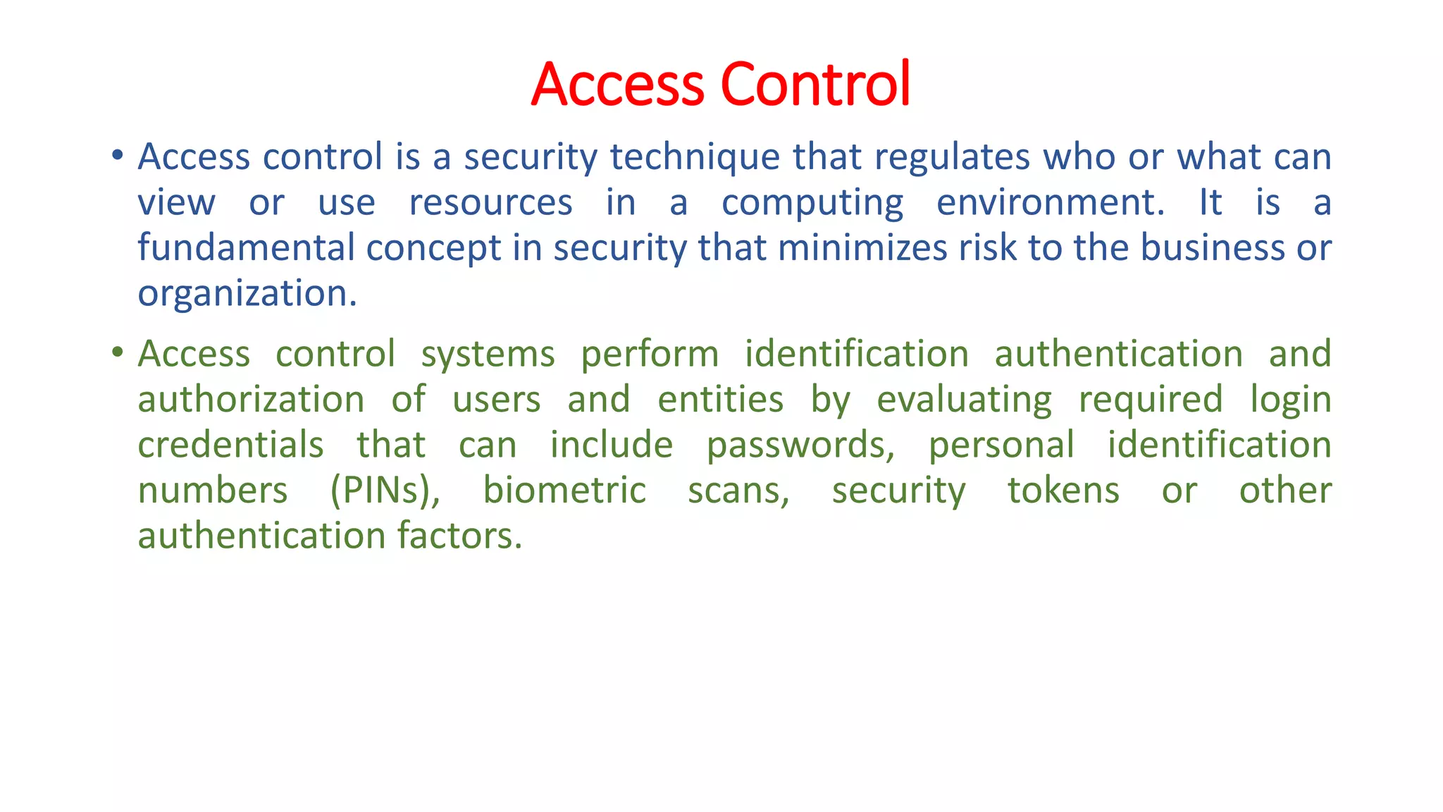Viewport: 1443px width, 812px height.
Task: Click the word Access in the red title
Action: click(x=617, y=84)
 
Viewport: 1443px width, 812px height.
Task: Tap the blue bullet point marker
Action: click(x=118, y=154)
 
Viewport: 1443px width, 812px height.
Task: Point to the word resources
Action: click(x=490, y=203)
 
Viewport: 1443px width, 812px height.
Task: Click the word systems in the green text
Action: click(x=488, y=354)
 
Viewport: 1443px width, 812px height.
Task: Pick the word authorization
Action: click(x=251, y=400)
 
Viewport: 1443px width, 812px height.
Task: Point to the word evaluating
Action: click(x=964, y=400)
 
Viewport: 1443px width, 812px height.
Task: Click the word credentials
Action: click(x=230, y=445)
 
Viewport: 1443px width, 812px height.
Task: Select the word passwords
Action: click(x=800, y=445)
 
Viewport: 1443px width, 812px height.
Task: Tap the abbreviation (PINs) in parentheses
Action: click(x=385, y=491)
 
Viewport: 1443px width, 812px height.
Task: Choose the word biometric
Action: click(x=564, y=491)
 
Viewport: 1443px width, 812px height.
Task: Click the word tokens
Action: click(x=1063, y=491)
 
